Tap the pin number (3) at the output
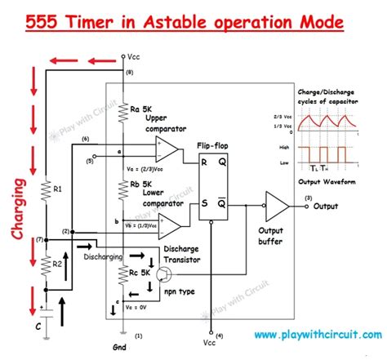[307, 198]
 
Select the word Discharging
[102, 256]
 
